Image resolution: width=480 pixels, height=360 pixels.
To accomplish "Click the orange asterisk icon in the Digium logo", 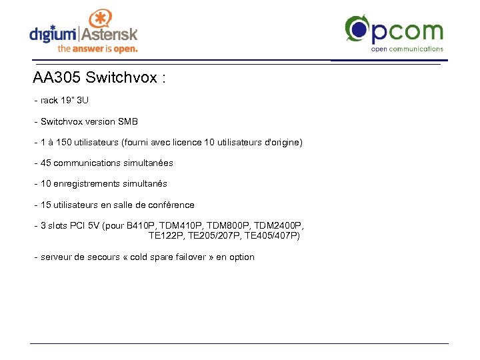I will pyautogui.click(x=99, y=19).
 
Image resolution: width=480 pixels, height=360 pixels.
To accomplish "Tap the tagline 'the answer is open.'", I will pyautogui.click(x=97, y=49).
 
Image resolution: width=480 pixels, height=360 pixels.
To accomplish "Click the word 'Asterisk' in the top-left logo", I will pyautogui.click(x=110, y=33).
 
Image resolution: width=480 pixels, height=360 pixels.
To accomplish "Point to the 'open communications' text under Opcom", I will pyautogui.click(x=407, y=49).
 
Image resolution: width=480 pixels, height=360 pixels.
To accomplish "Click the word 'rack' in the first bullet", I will pyautogui.click(x=49, y=101).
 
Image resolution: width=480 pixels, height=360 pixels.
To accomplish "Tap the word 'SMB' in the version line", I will pyautogui.click(x=128, y=121).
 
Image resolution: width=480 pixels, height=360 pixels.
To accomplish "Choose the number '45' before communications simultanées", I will pyautogui.click(x=46, y=163).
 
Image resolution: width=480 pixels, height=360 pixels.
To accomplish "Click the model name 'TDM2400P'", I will pyautogui.click(x=279, y=226).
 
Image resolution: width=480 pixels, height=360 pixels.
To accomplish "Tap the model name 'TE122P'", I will pyautogui.click(x=165, y=236).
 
